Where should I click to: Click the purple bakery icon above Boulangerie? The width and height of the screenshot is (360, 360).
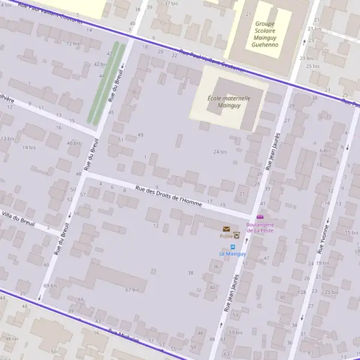pos(260,217)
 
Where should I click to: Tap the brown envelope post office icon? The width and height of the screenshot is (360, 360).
pos(226,229)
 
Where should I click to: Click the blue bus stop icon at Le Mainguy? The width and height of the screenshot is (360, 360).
pos(232,246)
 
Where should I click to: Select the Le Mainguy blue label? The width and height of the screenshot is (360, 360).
pos(232,254)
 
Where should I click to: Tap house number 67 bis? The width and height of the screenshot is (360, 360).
pos(132,290)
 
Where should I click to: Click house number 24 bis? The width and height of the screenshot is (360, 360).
pos(220,152)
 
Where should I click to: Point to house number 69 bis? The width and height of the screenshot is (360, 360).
pos(50,286)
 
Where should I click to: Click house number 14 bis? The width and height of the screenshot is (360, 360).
pos(29,147)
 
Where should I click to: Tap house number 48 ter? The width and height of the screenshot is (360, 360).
pos(12,338)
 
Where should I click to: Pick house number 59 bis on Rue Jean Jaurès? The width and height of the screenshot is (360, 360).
pos(235,332)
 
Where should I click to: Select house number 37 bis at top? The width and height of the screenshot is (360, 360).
pos(171,4)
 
